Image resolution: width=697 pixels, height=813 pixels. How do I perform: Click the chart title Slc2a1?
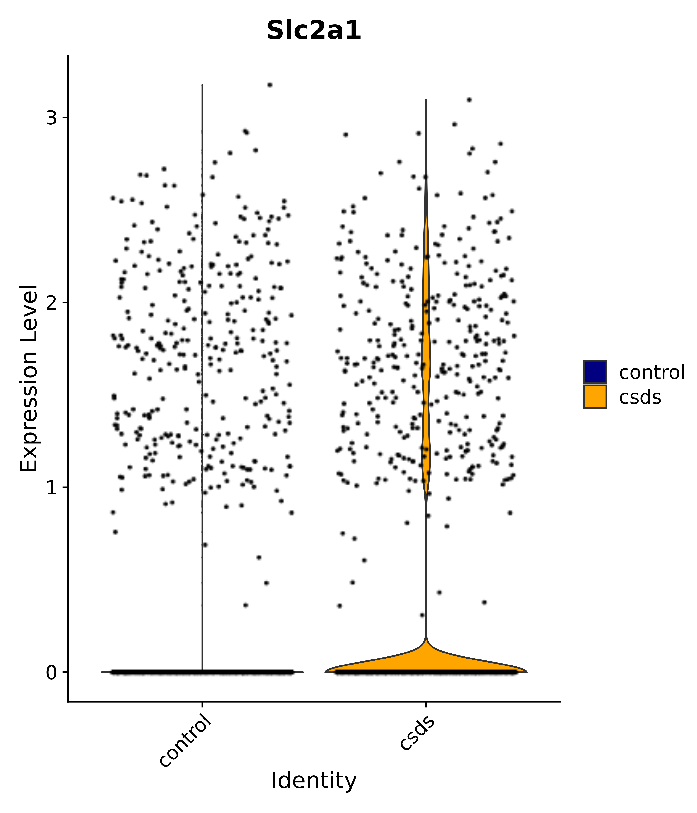click(314, 31)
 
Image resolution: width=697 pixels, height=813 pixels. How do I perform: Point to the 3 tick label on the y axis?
click(52, 118)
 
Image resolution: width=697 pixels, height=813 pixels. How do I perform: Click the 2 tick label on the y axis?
click(52, 303)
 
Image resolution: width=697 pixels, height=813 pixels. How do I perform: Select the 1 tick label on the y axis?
click(52, 487)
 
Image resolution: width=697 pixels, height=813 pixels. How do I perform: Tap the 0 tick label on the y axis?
click(52, 672)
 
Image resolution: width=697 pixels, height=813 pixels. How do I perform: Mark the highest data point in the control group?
click(270, 85)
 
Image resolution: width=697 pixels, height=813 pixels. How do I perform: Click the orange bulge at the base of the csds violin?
click(426, 659)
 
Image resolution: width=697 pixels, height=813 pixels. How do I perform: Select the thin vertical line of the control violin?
click(202, 353)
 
